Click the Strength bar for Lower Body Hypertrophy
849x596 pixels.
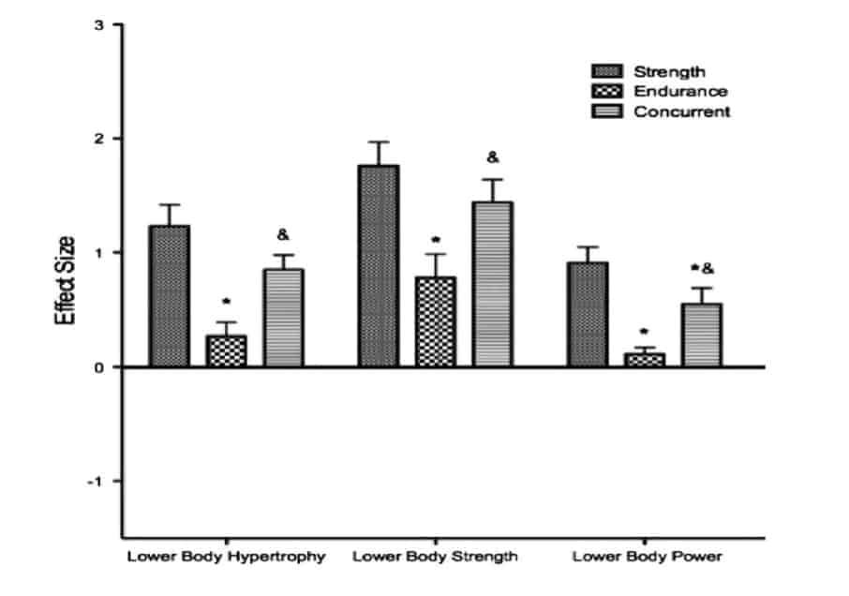pos(169,296)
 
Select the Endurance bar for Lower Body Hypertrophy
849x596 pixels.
pos(226,350)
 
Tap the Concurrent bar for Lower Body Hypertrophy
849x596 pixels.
pos(283,318)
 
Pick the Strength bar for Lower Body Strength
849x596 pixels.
pos(378,266)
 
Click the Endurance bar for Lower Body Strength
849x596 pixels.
pos(435,321)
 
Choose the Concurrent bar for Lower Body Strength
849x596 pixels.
pos(492,284)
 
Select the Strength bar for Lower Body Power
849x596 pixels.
pos(587,314)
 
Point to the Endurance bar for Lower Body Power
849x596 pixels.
pos(644,360)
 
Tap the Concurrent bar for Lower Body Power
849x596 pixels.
pos(701,335)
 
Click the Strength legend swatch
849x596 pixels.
pos(607,72)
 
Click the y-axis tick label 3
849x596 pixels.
pos(99,24)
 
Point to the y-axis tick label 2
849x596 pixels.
pos(99,139)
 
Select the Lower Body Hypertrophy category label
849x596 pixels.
pos(226,557)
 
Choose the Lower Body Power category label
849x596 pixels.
pos(647,557)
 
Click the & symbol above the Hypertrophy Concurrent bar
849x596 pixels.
pos(283,235)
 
